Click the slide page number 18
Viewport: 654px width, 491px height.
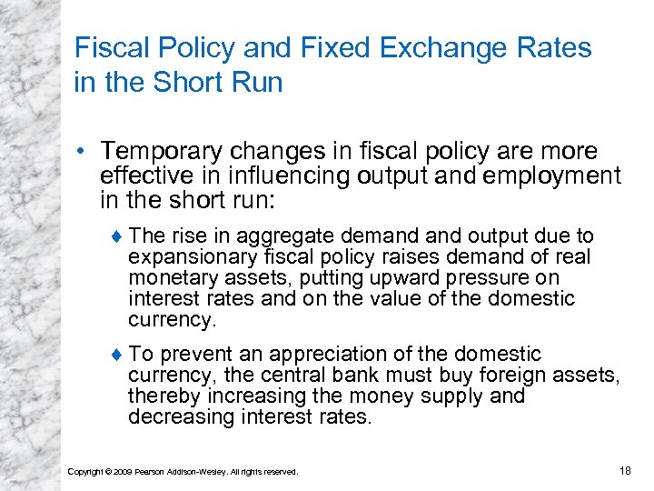[624, 469]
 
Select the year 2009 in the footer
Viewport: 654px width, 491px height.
[123, 471]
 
